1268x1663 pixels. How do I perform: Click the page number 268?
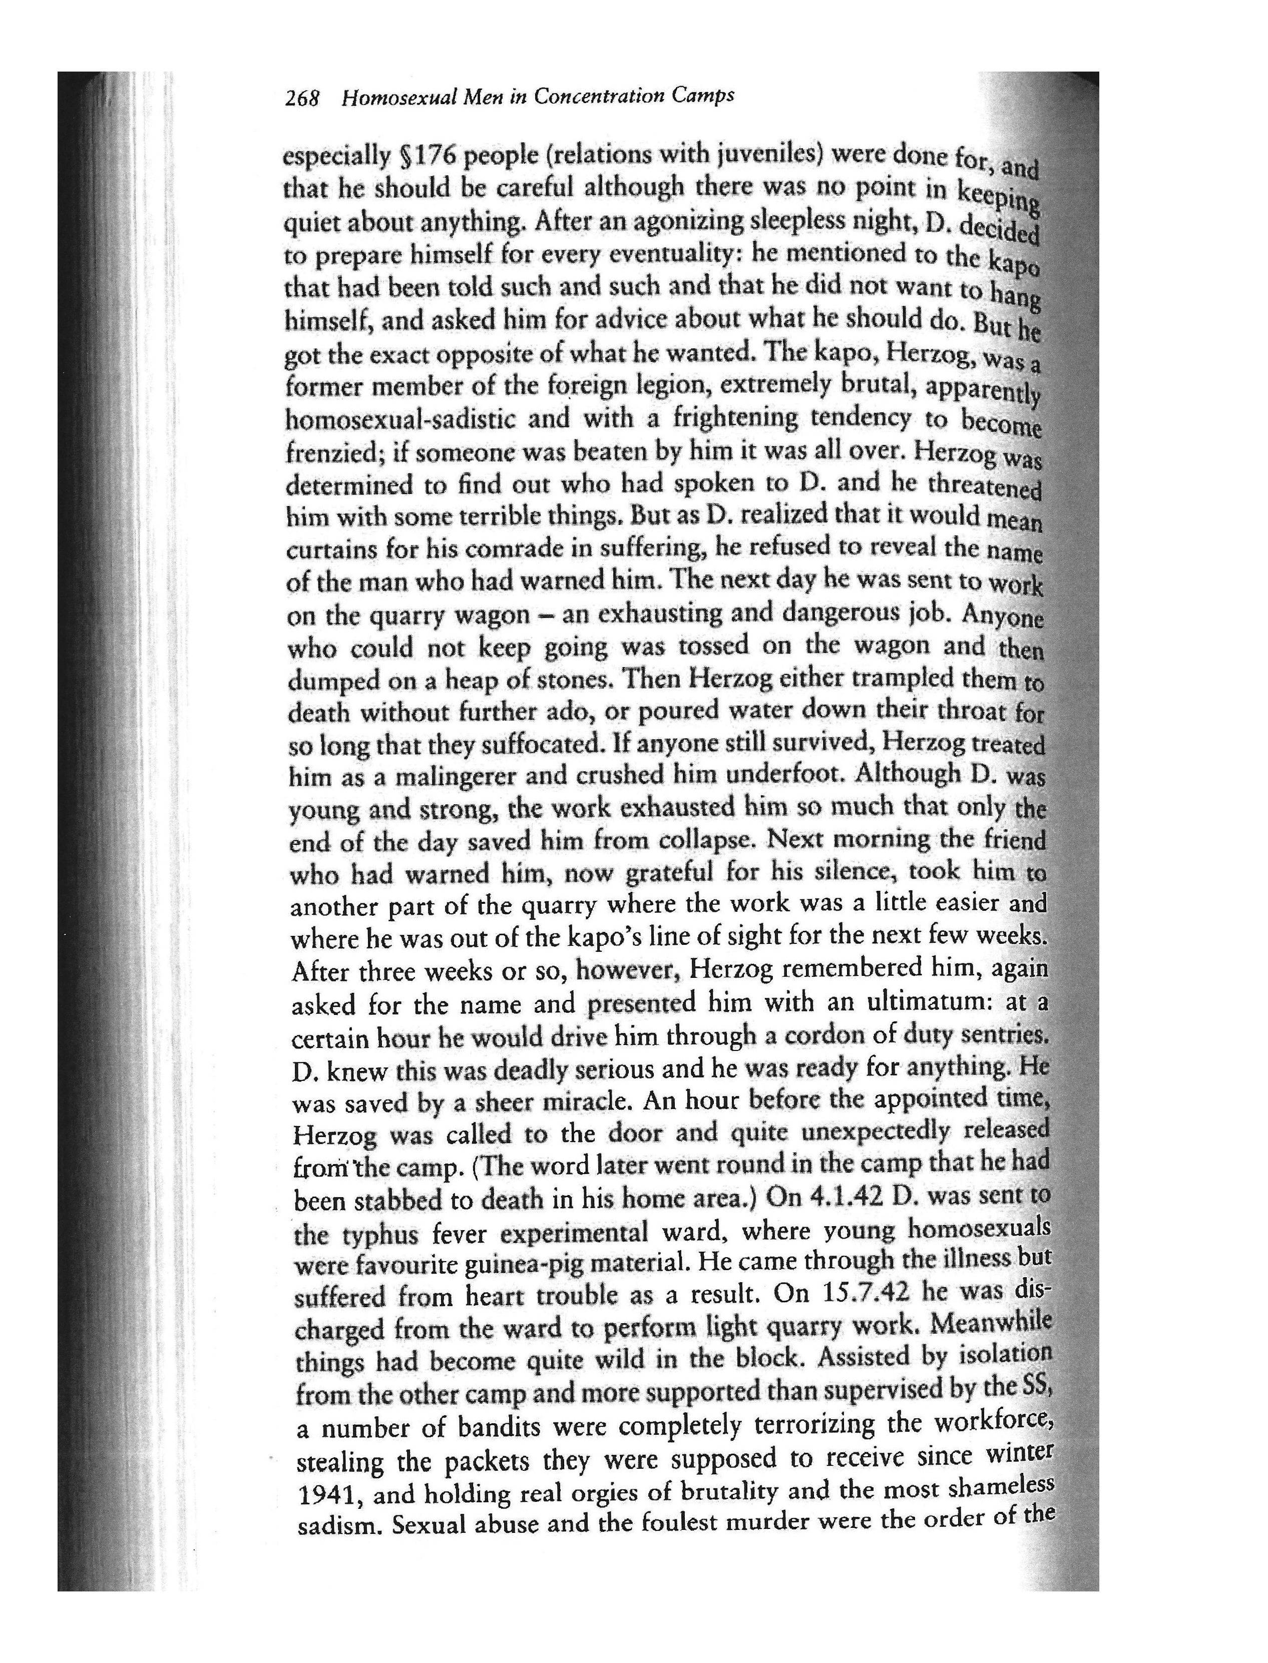[303, 100]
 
